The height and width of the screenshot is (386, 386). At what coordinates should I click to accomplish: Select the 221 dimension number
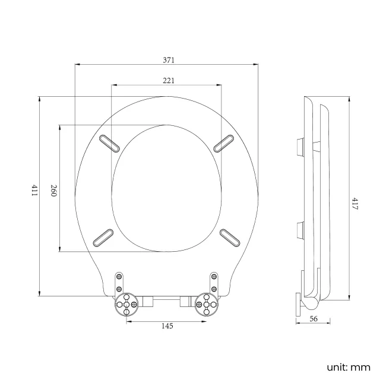167,80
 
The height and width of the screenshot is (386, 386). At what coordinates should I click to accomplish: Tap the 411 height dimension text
34,191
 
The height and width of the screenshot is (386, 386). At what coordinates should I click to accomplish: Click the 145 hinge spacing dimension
167,326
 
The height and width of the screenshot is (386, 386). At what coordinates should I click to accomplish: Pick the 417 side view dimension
354,204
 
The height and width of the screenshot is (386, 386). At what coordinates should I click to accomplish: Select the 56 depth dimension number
314,319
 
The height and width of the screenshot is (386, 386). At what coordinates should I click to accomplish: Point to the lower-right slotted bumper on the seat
230,236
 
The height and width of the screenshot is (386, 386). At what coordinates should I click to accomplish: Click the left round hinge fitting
126,303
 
